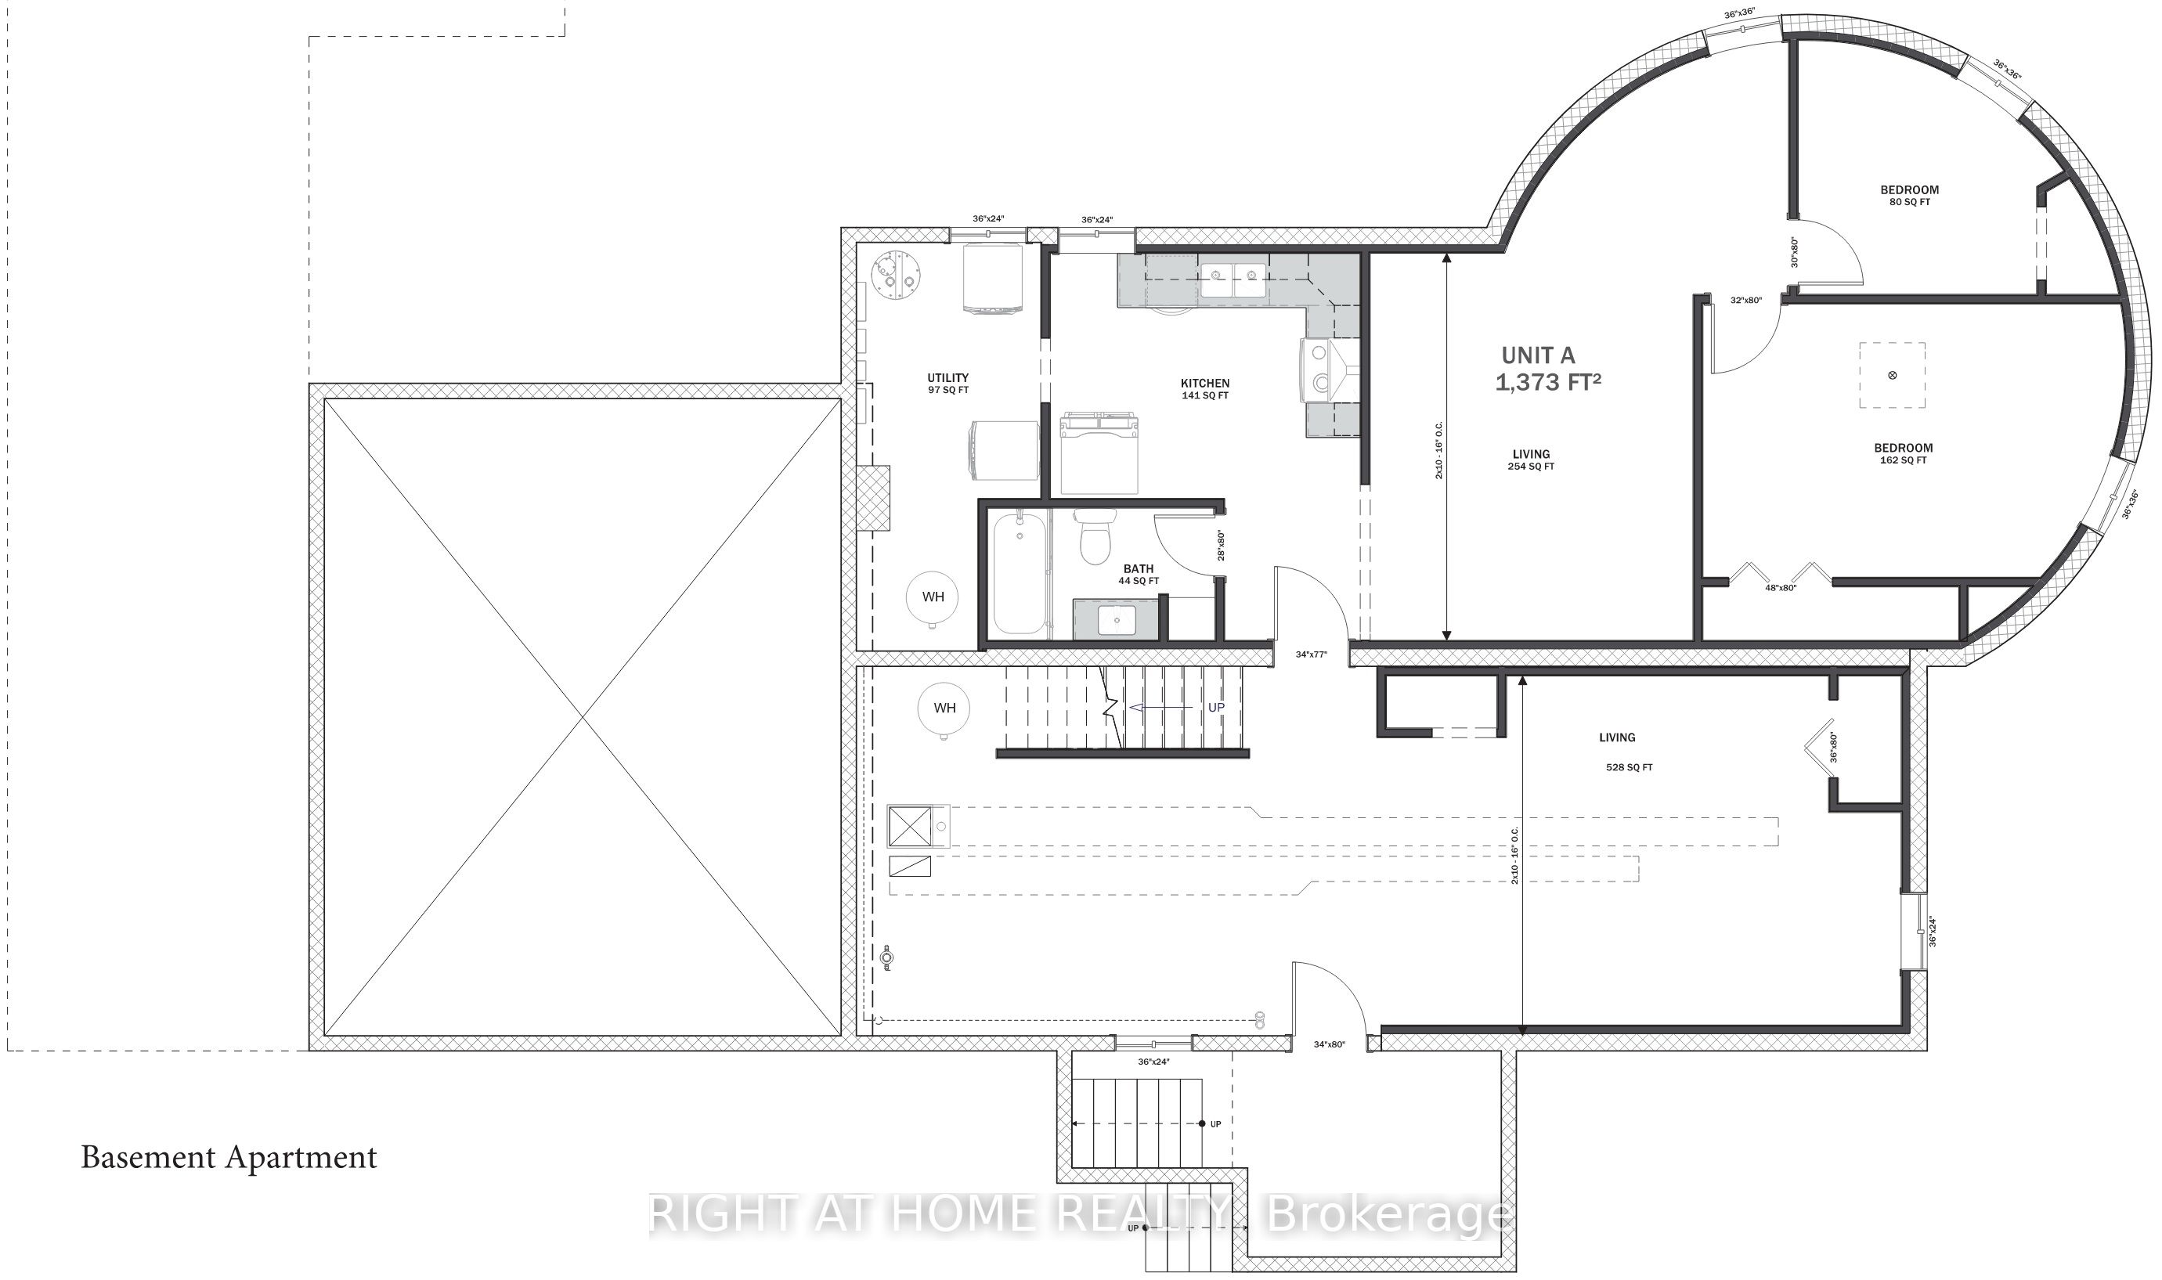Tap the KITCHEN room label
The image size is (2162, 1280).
pos(1205,389)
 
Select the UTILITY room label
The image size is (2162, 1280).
pos(948,384)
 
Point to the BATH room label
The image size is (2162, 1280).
pos(1139,575)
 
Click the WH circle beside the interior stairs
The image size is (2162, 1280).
pos(944,709)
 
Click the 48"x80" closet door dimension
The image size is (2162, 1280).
pos(1781,587)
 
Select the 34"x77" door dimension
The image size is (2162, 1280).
pos(1312,654)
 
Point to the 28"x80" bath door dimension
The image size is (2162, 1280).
pos(1222,545)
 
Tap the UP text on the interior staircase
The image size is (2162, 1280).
pos(1216,707)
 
